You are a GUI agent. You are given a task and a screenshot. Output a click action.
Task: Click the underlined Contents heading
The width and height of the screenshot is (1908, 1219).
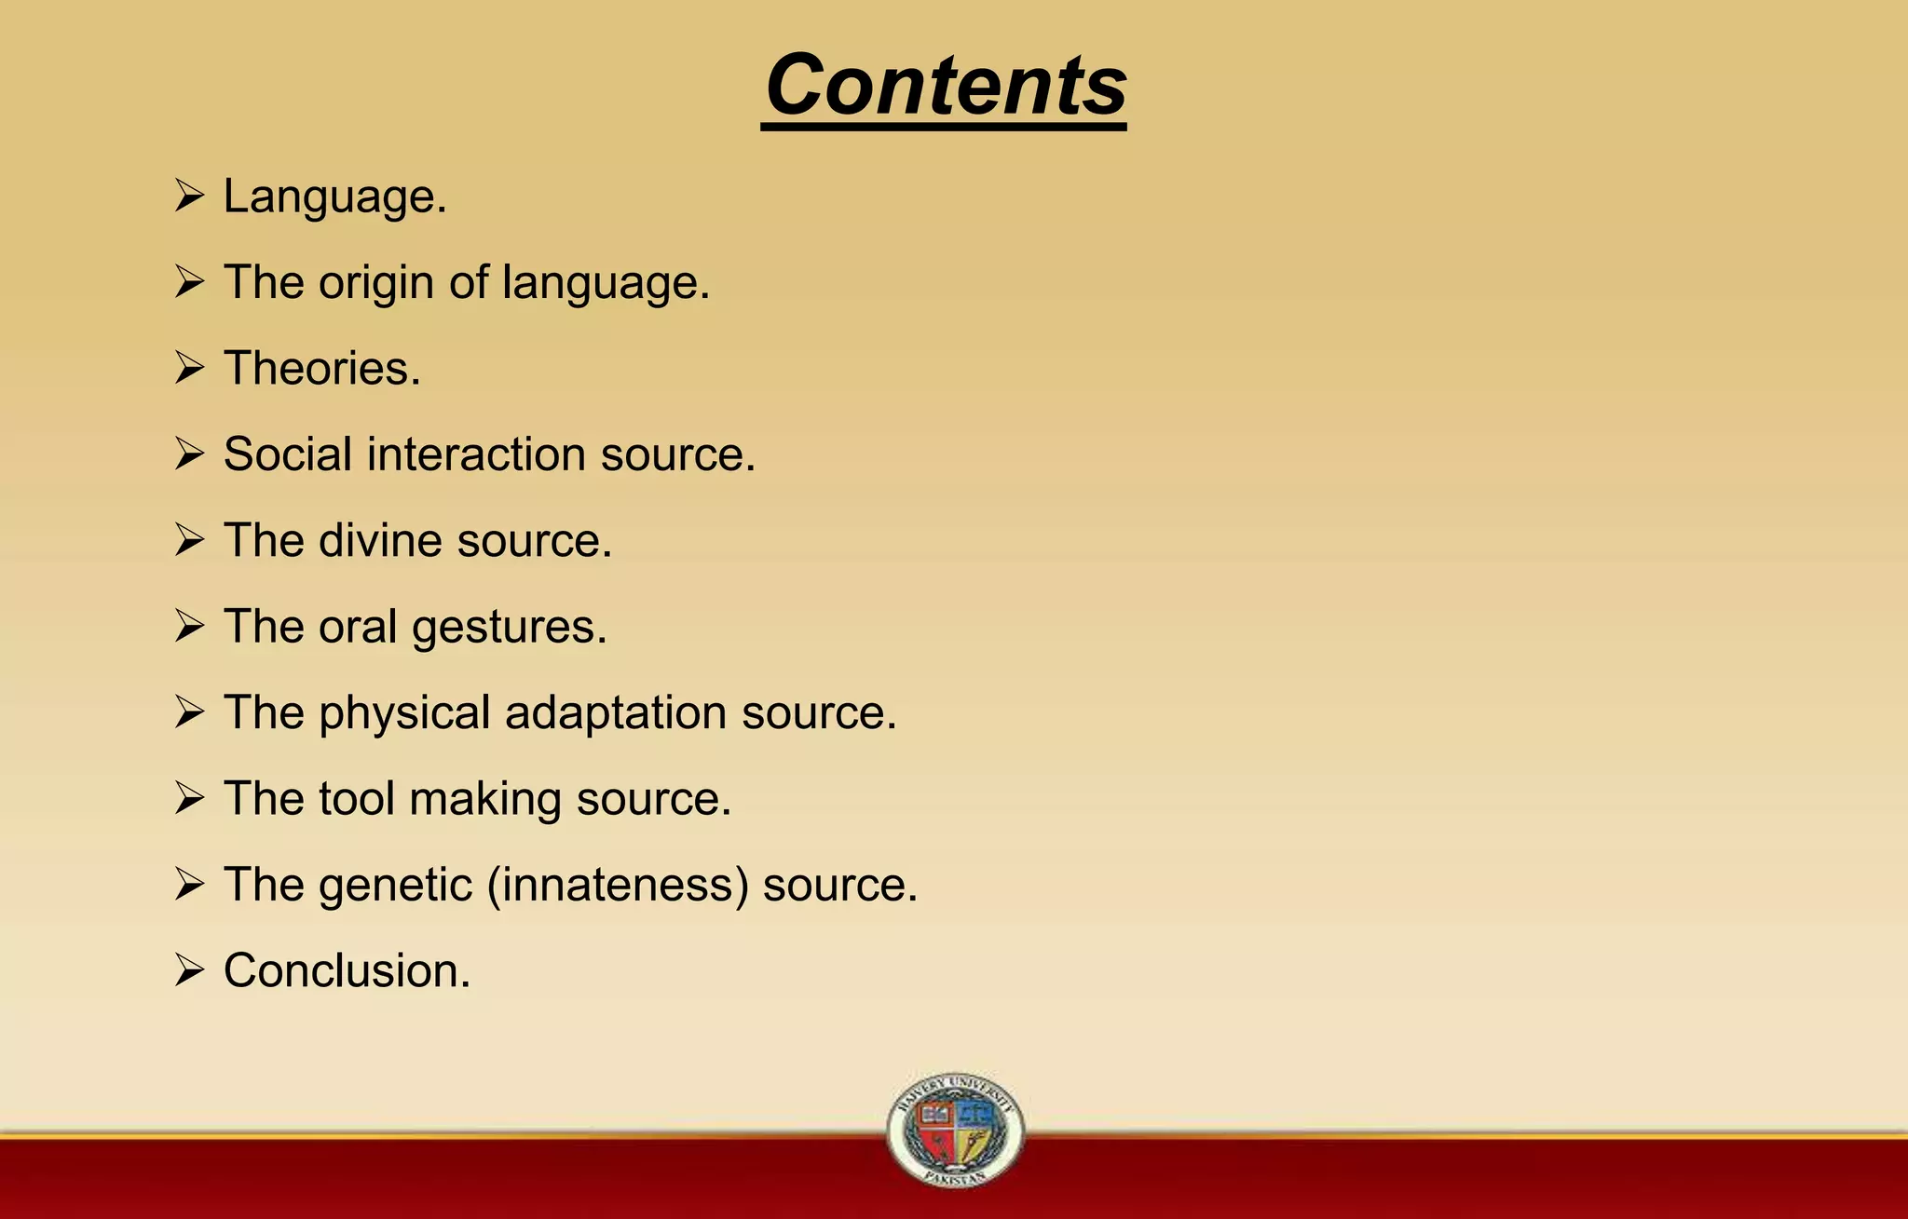945,86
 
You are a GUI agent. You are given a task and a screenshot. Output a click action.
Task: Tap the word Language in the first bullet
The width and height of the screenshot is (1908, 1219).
330,197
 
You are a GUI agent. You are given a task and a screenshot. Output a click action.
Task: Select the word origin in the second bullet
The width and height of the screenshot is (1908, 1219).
376,283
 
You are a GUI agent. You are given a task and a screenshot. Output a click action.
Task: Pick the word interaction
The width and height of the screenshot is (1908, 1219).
476,454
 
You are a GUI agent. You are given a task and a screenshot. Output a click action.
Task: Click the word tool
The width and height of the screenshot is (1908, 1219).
357,799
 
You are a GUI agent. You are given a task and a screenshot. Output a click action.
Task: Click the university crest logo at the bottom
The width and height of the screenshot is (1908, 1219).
955,1130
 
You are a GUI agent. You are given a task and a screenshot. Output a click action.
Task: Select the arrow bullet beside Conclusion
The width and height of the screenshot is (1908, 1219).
189,970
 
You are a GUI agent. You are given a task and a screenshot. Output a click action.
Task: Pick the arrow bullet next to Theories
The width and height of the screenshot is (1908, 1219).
189,369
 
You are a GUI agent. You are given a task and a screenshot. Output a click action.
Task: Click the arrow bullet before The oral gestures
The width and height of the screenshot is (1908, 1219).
189,627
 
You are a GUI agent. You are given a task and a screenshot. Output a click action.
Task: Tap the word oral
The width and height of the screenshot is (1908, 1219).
358,627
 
